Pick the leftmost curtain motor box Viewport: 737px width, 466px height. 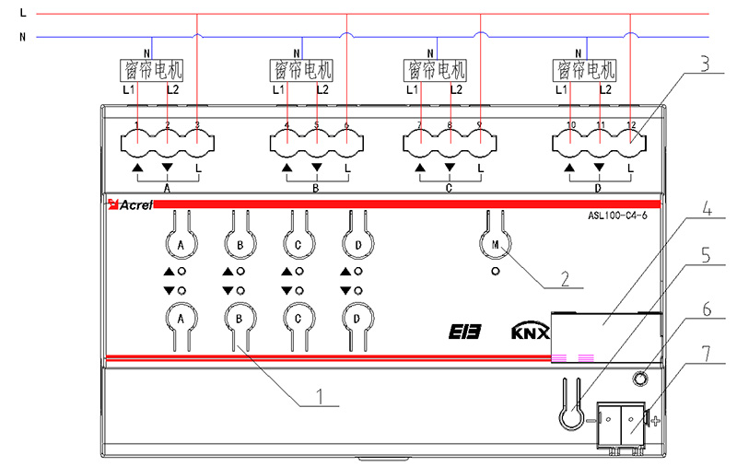pos(153,69)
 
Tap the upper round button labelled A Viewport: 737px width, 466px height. pos(181,244)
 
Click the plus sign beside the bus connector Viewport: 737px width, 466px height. pos(656,422)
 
